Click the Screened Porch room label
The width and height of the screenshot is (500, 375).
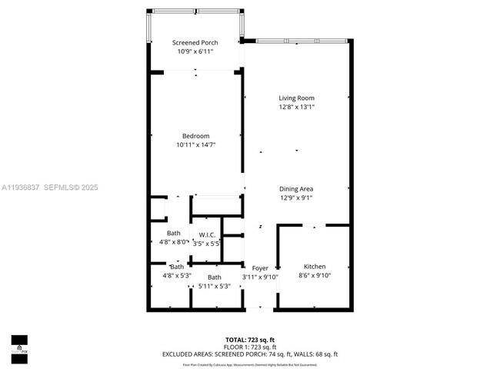click(195, 42)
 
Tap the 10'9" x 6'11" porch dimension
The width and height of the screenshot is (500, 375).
click(195, 51)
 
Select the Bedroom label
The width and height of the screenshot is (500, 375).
click(195, 136)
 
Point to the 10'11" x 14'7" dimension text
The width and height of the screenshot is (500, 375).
click(195, 144)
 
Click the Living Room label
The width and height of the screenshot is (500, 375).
click(296, 98)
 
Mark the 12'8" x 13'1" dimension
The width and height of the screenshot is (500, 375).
click(296, 107)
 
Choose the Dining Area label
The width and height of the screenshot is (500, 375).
click(296, 188)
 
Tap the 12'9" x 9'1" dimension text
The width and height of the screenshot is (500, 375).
click(296, 197)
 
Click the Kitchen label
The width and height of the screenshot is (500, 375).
click(315, 266)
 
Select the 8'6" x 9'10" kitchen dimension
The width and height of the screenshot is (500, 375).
click(315, 275)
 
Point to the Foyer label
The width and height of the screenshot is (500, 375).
click(260, 268)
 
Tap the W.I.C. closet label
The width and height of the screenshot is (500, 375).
click(206, 234)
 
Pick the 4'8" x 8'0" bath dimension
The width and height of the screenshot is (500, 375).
click(174, 242)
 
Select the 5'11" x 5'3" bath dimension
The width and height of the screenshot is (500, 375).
click(214, 286)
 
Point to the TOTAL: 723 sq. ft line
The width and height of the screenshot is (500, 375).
click(250, 339)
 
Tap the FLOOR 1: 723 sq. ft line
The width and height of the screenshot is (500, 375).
click(250, 347)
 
